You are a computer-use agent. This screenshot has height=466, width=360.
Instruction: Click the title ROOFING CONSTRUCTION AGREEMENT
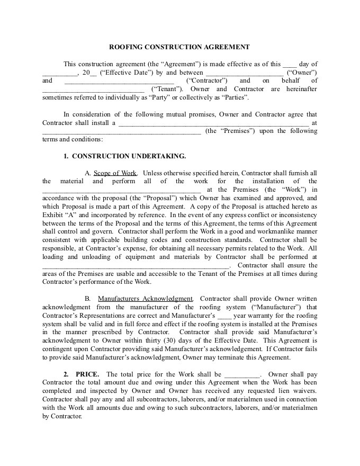(179, 47)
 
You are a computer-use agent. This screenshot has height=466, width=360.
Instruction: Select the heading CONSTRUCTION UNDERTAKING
(129, 156)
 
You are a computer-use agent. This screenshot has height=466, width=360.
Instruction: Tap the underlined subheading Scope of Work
(115, 173)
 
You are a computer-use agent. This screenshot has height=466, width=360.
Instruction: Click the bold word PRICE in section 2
(87, 374)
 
